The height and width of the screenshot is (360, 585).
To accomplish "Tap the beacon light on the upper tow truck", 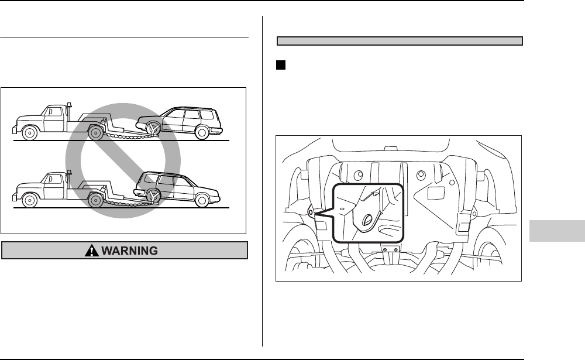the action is (x=69, y=105).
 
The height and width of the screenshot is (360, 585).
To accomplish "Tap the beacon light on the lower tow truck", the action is (x=69, y=172).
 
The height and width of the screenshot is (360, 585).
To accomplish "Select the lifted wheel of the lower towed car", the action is (x=153, y=196).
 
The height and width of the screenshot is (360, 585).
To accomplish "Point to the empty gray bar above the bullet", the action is (x=399, y=41).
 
